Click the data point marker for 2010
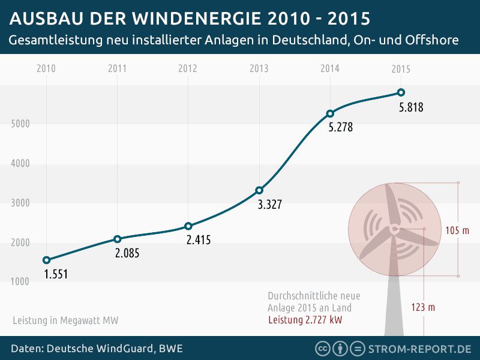point(47,260)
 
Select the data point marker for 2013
point(259,190)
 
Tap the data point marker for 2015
point(401,92)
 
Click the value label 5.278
point(341,127)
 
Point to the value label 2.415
point(199,240)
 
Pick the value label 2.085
point(127,253)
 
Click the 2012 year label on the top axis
point(188,68)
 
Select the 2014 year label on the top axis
point(330,68)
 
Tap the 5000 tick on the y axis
point(21,124)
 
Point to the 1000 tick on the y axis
point(21,282)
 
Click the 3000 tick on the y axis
point(21,203)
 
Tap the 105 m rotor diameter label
point(457,230)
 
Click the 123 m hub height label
point(423,307)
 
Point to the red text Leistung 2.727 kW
point(305,319)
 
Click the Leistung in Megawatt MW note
point(65,320)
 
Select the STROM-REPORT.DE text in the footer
point(419,349)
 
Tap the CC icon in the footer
point(323,349)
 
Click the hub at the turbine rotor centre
point(394,229)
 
